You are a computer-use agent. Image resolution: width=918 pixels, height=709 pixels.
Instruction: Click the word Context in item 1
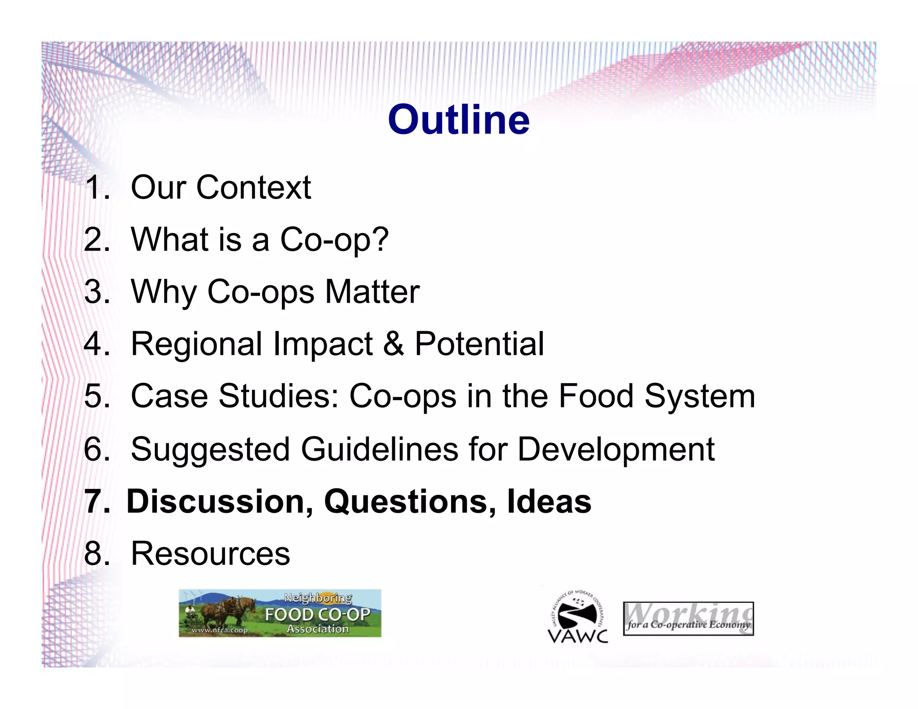pyautogui.click(x=253, y=187)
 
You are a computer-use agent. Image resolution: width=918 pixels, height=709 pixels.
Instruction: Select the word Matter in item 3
pyautogui.click(x=372, y=292)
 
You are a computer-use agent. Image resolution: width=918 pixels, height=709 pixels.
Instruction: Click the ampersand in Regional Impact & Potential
pyautogui.click(x=394, y=344)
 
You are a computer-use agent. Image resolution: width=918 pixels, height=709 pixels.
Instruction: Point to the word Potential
pyautogui.click(x=479, y=344)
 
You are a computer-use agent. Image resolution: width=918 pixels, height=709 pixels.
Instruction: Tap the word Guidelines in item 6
pyautogui.click(x=379, y=449)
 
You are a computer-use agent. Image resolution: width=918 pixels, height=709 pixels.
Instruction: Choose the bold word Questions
pyautogui.click(x=410, y=501)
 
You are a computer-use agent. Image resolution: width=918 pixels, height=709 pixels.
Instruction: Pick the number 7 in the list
pyautogui.click(x=95, y=501)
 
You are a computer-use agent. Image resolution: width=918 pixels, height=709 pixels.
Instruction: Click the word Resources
pyautogui.click(x=210, y=554)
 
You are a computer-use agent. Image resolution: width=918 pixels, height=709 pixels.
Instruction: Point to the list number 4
pyautogui.click(x=95, y=344)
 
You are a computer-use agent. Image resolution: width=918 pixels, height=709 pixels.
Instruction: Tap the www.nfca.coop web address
pyautogui.click(x=220, y=630)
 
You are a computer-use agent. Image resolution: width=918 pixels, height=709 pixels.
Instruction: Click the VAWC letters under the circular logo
pyautogui.click(x=578, y=636)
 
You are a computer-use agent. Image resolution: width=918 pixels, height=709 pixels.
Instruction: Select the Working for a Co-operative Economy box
pyautogui.click(x=688, y=618)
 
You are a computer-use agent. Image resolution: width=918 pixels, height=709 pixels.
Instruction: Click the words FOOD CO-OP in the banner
pyautogui.click(x=317, y=614)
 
